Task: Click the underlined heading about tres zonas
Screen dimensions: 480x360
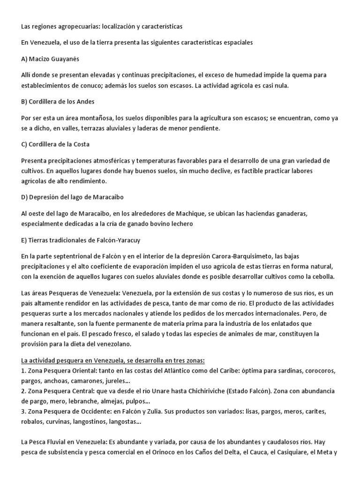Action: (113, 360)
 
